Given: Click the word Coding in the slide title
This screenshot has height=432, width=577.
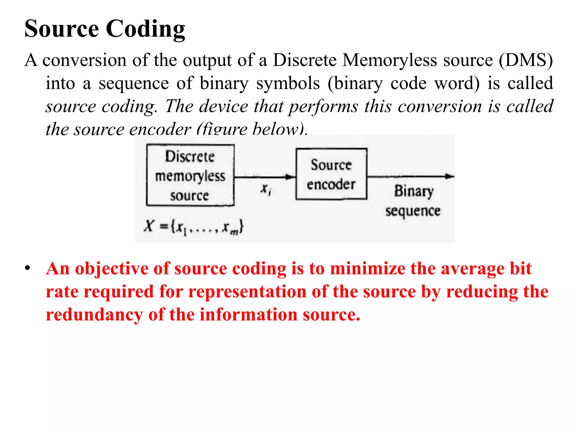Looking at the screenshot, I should (145, 29).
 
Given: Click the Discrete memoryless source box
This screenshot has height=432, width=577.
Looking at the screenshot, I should (190, 175).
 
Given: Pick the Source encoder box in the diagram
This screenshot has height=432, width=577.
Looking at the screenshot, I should (331, 174).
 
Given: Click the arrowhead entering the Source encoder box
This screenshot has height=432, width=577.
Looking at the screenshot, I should (290, 177).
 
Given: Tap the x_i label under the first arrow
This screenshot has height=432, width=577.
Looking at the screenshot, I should (266, 189).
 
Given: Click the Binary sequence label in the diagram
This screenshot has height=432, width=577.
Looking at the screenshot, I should (413, 201).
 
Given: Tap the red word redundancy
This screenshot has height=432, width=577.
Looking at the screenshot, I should (94, 315).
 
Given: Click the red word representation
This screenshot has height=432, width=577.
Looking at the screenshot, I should (247, 292).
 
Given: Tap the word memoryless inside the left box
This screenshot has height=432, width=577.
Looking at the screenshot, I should (190, 176).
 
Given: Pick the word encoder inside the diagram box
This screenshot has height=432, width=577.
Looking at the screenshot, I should (331, 184).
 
